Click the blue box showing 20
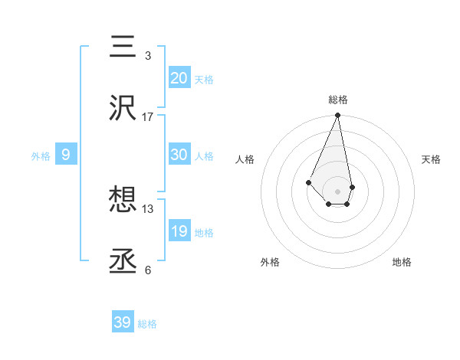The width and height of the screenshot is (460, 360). pyautogui.click(x=179, y=78)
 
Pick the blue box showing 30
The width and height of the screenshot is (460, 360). pyautogui.click(x=179, y=155)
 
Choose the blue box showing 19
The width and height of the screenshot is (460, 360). pyautogui.click(x=179, y=231)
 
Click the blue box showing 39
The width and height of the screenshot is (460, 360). pyautogui.click(x=123, y=322)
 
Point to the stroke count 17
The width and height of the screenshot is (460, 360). pyautogui.click(x=148, y=116)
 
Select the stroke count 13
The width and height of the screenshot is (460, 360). pyautogui.click(x=148, y=208)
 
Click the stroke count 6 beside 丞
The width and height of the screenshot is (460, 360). pyautogui.click(x=148, y=270)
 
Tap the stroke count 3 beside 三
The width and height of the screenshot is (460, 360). pyautogui.click(x=148, y=55)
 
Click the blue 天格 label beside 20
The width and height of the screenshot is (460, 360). pyautogui.click(x=204, y=80)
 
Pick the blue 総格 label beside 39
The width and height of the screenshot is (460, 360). pyautogui.click(x=147, y=324)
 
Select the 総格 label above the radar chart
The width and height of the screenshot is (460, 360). pyautogui.click(x=338, y=100)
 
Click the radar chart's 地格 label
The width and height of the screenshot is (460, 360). pyautogui.click(x=402, y=262)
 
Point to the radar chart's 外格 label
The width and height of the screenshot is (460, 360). pyautogui.click(x=270, y=262)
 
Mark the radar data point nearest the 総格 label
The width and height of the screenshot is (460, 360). pyautogui.click(x=337, y=116)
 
